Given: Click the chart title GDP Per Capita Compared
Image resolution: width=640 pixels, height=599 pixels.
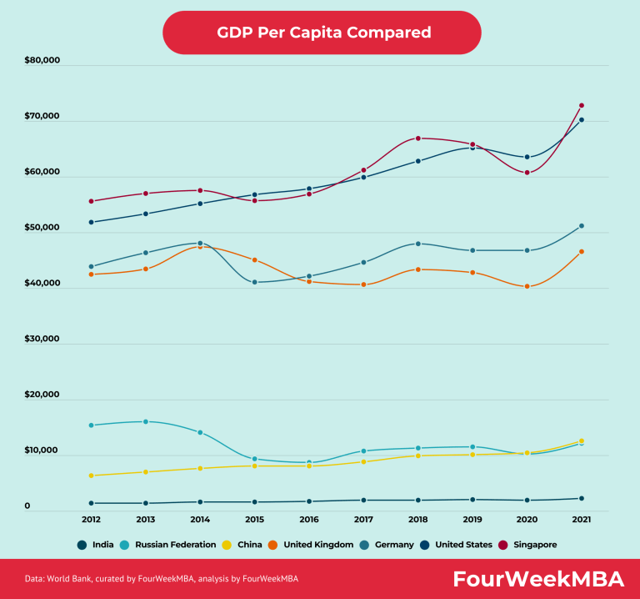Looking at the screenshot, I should pos(323,33).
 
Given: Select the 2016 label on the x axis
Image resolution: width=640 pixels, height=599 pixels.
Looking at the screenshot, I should pos(308,519).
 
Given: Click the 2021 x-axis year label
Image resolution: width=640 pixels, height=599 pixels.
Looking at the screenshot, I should pos(581,519).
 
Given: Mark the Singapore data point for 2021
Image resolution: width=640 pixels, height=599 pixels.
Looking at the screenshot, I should pos(582,106).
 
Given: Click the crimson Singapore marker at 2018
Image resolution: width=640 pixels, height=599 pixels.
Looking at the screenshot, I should pos(418,138).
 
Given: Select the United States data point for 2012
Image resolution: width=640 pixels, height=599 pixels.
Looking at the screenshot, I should pos(91,222).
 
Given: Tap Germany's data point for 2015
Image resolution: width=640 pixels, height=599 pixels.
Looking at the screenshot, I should pos(255,283).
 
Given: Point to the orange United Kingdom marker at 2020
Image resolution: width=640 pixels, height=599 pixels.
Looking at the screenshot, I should pos(527,287).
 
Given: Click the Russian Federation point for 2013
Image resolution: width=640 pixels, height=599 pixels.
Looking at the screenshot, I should pos(146,422).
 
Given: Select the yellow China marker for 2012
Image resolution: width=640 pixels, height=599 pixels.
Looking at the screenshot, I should pos(91,476).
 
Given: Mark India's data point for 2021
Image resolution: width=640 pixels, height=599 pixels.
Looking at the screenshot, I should pos(582,499).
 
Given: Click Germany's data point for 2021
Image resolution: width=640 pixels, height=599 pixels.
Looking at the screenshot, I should pos(582,226).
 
